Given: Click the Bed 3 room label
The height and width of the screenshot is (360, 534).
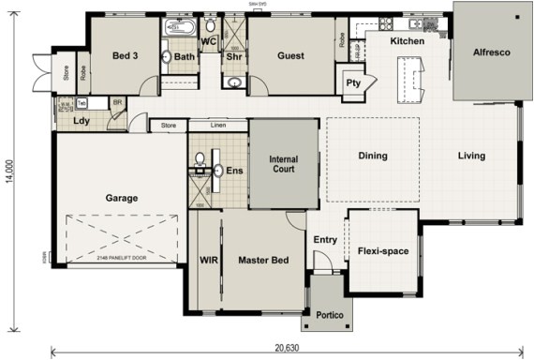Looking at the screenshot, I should pos(126,56).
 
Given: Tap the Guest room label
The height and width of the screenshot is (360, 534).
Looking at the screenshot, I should pos(290,56).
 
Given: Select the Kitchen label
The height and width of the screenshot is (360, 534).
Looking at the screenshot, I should pos(408,42).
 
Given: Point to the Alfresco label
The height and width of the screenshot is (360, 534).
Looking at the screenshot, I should pos(491,52).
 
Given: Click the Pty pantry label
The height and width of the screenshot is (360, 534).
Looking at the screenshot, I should pos(353,82).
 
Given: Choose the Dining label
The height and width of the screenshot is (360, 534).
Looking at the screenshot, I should pos(373,157).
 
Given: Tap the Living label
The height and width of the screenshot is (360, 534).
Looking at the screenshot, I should pos(471,157).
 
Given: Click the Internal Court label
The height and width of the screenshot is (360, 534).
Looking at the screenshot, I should pos(283,164).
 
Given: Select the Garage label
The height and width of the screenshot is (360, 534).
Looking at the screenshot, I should pos(122,198).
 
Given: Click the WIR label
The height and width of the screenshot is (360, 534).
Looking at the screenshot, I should pos(208,260).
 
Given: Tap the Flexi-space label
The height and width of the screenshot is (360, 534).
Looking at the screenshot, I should pos(382,251).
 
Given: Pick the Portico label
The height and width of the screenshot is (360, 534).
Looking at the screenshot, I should pos(327,314).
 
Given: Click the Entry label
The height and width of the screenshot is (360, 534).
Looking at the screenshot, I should pos(325,240).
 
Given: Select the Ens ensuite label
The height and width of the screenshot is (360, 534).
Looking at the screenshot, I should pos(234,171).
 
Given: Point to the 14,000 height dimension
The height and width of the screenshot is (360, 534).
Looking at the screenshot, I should pos(9,180).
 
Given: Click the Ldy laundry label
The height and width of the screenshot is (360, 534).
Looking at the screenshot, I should pos(81,121).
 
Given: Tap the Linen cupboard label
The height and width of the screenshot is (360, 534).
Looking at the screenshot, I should pos(218,125).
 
